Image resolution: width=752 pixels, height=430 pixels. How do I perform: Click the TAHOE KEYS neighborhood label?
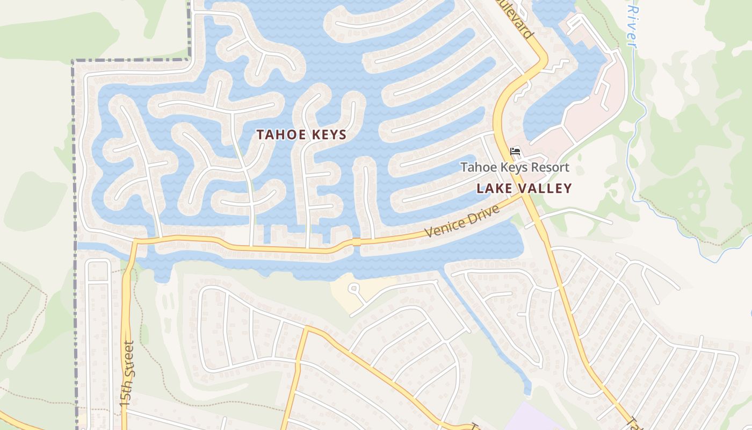tap(301, 135)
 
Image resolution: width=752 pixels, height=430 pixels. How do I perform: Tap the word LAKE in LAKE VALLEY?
tap(495, 189)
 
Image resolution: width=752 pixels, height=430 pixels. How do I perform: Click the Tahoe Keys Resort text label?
tap(515, 167)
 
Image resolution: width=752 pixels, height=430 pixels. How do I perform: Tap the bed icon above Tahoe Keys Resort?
tap(515, 152)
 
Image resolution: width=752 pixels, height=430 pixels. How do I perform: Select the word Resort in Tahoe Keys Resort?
tap(549, 167)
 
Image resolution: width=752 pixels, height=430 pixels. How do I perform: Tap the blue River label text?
tap(632, 27)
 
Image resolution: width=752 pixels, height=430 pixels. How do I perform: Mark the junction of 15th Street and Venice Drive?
tap(135, 241)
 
